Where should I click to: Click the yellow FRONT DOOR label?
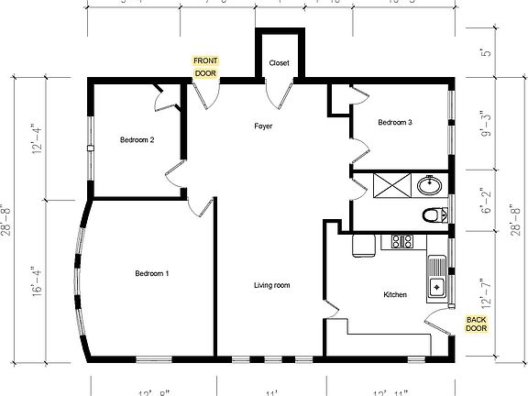[204, 66]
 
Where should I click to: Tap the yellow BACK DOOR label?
[476, 324]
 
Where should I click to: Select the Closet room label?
[279, 63]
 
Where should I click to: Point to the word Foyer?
[264, 126]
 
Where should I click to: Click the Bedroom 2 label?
[137, 140]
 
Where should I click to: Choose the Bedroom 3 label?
[395, 122]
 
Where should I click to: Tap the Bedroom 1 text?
[151, 273]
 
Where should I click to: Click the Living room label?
[271, 286]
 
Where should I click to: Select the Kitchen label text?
[395, 294]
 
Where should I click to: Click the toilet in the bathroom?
[432, 216]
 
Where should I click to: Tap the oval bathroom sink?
[428, 186]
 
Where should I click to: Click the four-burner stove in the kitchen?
[401, 243]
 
